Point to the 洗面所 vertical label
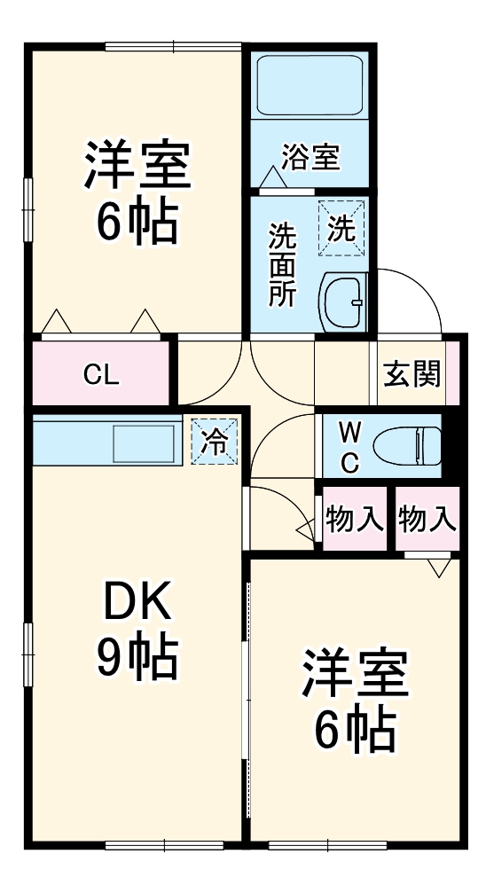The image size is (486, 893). click(x=283, y=265)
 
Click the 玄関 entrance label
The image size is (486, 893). click(x=412, y=373)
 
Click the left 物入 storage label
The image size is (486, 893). click(x=354, y=519)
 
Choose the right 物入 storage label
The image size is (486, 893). click(x=427, y=519)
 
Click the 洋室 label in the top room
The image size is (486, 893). click(x=137, y=166)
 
